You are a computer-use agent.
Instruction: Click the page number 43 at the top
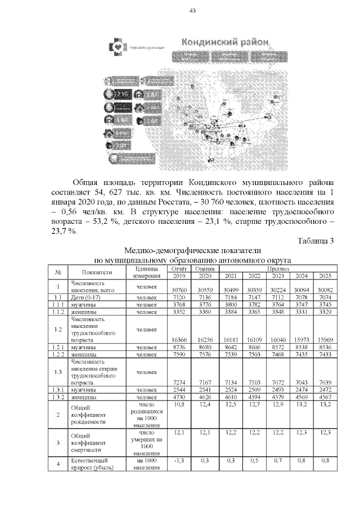(192, 11)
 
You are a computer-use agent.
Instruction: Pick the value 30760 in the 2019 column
(178, 289)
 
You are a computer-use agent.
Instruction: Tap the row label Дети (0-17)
(84, 297)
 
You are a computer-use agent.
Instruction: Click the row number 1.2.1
(57, 348)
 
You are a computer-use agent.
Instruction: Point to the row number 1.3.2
(57, 397)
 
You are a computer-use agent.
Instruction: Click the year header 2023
(277, 276)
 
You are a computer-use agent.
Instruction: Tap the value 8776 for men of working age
(178, 348)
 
